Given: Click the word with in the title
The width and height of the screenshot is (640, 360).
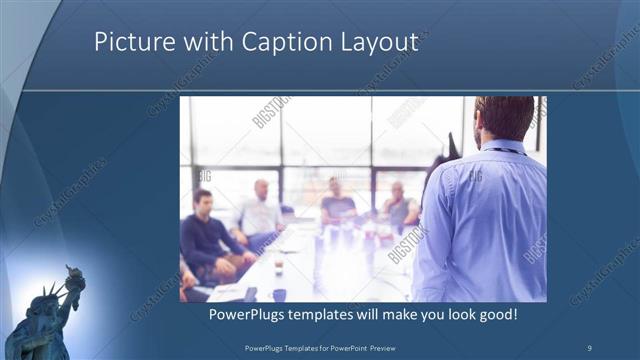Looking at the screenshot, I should click(204, 42).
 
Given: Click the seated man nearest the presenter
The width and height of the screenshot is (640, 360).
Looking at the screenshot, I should click(398, 205).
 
